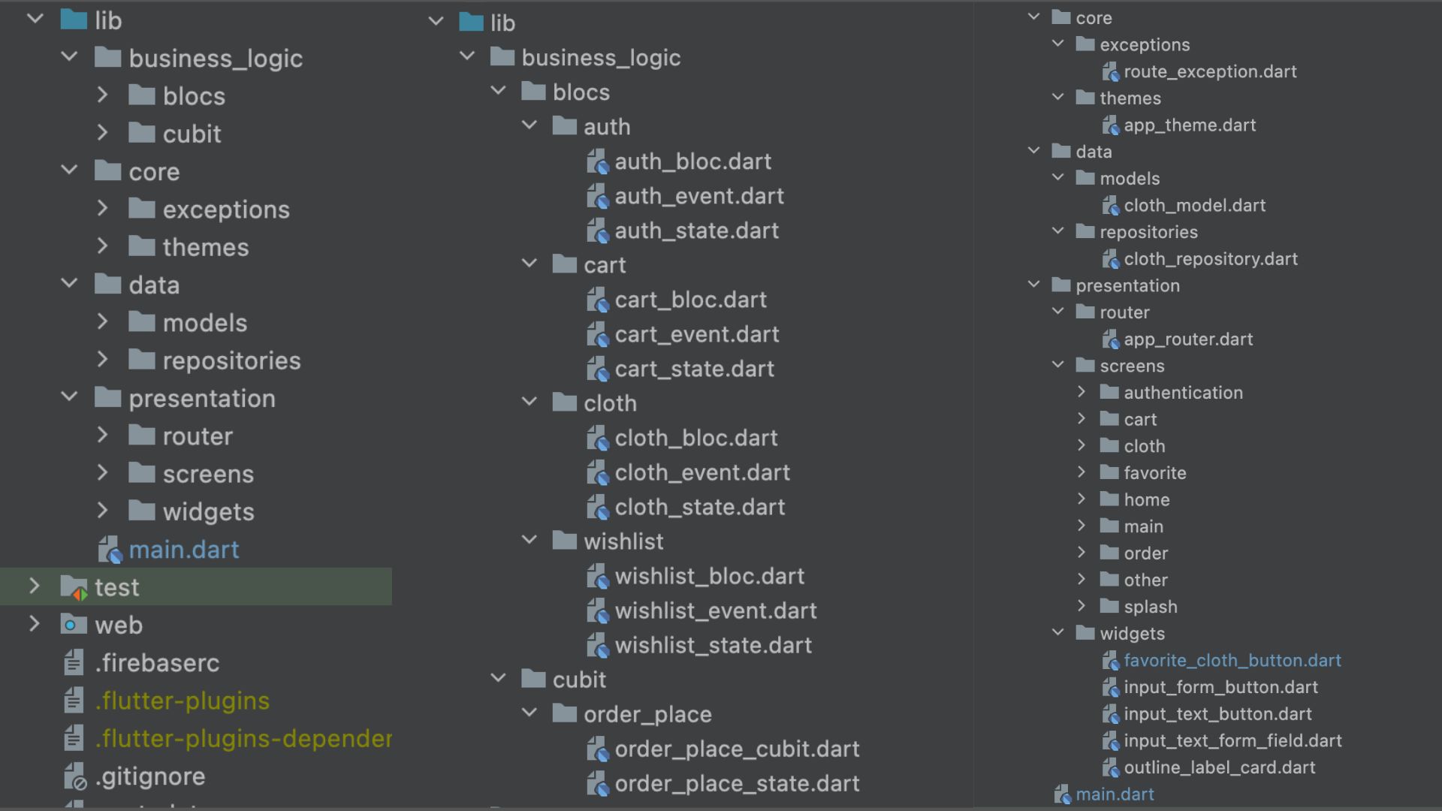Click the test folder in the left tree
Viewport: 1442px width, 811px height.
coord(116,587)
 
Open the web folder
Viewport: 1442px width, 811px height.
coord(118,625)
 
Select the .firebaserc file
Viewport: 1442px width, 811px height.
coord(157,663)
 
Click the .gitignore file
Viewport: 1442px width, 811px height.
coord(150,776)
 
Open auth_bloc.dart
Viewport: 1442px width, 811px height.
coord(692,161)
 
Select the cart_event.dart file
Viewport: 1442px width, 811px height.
coord(696,334)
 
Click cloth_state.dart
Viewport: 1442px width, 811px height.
coord(699,507)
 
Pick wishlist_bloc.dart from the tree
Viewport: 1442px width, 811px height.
coord(709,576)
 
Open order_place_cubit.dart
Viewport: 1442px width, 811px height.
coord(737,749)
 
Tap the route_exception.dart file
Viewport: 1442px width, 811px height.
coord(1209,71)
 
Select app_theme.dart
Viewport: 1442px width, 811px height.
coord(1189,125)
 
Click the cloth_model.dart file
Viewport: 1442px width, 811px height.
coord(1194,205)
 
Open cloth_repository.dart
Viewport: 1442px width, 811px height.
coord(1210,258)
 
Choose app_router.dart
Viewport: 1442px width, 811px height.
coord(1187,339)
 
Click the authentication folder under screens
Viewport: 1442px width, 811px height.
coord(1183,392)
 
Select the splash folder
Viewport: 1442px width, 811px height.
coord(1150,606)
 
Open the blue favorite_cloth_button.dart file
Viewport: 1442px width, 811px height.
coord(1232,660)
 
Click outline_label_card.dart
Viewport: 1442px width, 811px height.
coord(1219,767)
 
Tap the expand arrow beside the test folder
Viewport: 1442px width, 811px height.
coord(35,586)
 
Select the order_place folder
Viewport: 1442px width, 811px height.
coord(647,714)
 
